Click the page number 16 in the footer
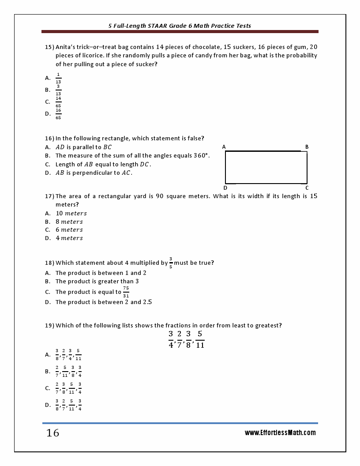coord(52,433)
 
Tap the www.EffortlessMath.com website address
coord(280,433)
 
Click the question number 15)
coord(49,47)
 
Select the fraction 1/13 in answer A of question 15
coord(58,78)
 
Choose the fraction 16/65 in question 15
coord(58,114)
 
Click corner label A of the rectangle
coord(224,147)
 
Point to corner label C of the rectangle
coord(307,188)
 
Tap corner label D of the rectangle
coord(225,188)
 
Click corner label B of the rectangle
coord(307,147)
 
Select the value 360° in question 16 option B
coord(201,156)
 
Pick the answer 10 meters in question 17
coord(71,213)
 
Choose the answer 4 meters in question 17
coord(69,238)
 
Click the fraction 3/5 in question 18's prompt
coord(171,263)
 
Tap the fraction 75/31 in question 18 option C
coord(126,292)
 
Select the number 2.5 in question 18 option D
coord(147,302)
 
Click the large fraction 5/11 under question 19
coord(200,339)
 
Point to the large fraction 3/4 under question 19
coord(171,339)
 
